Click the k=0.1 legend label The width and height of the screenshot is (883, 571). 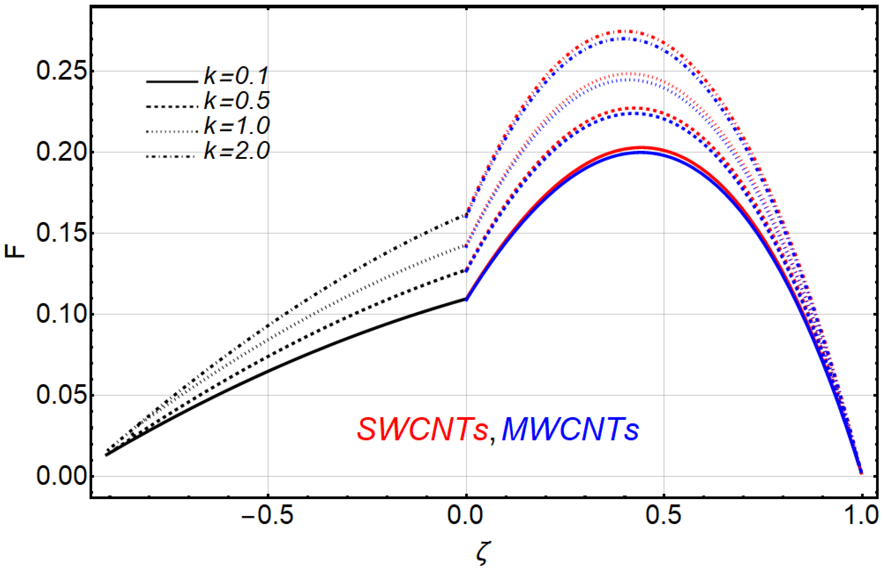tap(236, 76)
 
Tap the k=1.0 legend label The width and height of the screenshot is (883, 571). tap(236, 126)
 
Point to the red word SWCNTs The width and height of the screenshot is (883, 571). tap(422, 429)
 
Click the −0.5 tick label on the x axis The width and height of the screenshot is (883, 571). tap(267, 516)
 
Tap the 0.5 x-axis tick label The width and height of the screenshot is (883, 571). tap(664, 516)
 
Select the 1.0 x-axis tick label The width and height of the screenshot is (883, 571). tap(861, 516)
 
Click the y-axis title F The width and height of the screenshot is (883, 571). tap(14, 252)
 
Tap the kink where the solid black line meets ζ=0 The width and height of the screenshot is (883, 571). tap(466, 299)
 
